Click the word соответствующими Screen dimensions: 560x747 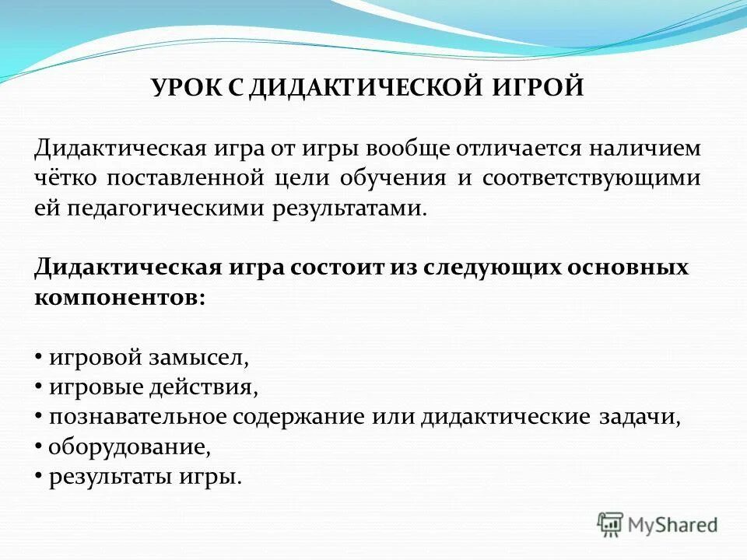point(591,178)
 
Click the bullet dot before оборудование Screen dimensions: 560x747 point(39,447)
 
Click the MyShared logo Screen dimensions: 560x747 point(658,523)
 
